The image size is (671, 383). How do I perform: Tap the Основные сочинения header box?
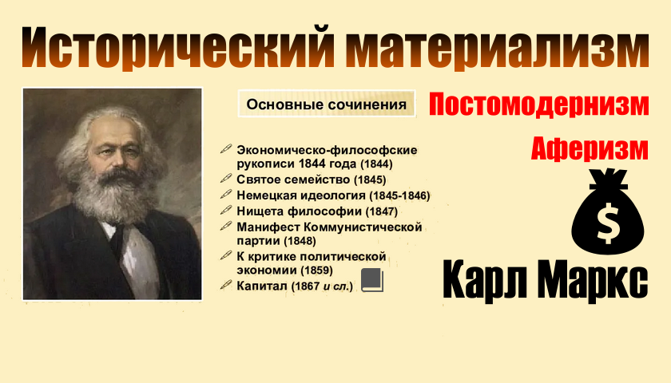click(x=326, y=105)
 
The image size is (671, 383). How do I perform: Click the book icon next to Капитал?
click(x=373, y=279)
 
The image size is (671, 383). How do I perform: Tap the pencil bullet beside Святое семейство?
click(x=226, y=180)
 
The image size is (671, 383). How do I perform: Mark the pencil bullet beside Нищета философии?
click(x=226, y=211)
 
